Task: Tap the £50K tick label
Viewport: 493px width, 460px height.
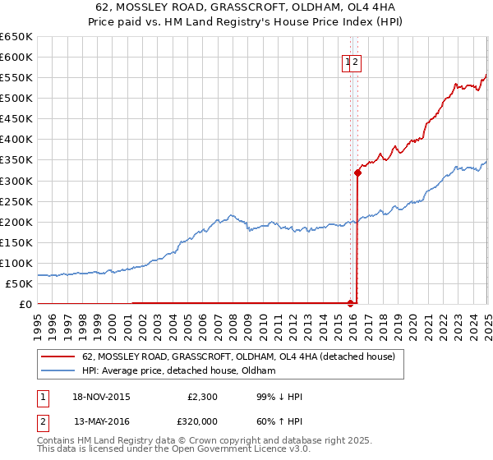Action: (20, 283)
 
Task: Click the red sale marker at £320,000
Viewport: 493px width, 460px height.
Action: (357, 172)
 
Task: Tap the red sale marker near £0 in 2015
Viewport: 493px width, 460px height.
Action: (351, 303)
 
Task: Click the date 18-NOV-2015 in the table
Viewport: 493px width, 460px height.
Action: (101, 397)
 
